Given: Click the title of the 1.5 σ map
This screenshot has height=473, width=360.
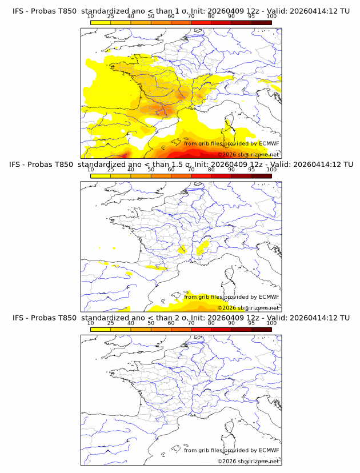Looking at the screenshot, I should click(181, 165).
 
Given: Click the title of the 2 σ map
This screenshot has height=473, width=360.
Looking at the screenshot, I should click(181, 318).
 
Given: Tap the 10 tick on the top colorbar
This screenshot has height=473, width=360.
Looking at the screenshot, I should click(91, 17).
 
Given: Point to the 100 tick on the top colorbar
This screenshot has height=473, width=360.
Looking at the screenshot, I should click(271, 17).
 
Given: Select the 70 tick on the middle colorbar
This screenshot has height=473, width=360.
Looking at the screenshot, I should click(191, 170).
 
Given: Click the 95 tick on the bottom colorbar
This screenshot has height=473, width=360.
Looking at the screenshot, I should click(251, 323).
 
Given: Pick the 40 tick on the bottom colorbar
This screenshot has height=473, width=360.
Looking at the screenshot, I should click(131, 323).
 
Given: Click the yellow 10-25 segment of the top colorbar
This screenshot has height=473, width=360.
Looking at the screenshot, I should click(101, 22).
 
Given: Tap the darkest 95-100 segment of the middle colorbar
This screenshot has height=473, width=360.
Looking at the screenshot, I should click(261, 175).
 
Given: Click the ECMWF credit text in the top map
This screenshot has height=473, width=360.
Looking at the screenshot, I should click(231, 143).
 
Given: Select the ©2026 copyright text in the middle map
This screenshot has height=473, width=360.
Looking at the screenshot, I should click(248, 307).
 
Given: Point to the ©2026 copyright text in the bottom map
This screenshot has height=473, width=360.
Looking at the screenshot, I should click(248, 461).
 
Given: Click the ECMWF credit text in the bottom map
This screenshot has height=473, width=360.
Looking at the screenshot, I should click(231, 450).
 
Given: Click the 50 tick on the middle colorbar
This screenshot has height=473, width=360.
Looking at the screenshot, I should click(151, 170).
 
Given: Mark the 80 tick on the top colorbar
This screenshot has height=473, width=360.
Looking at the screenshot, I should click(211, 17).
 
